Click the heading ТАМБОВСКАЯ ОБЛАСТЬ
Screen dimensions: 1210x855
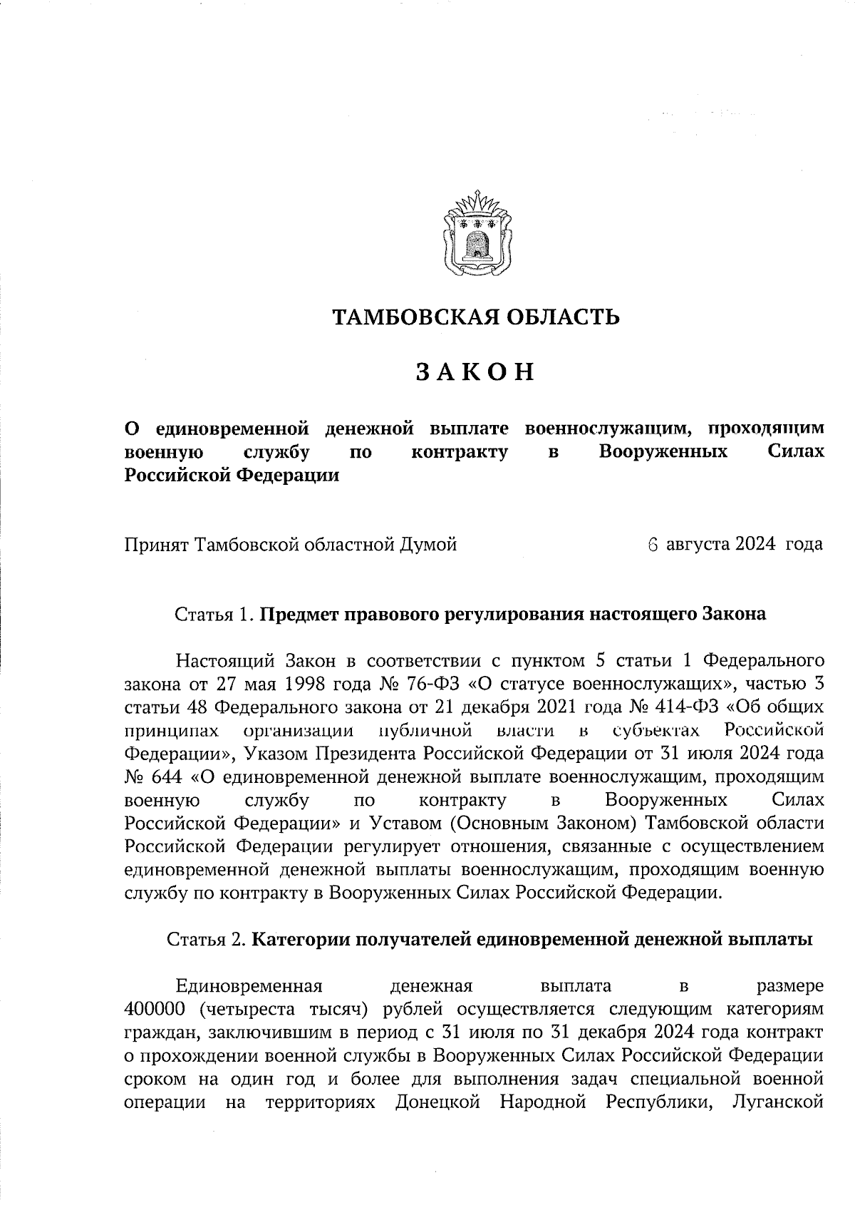click(476, 317)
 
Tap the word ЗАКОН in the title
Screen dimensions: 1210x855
click(475, 372)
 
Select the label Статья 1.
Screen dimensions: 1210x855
click(214, 614)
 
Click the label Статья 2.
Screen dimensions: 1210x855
click(207, 939)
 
